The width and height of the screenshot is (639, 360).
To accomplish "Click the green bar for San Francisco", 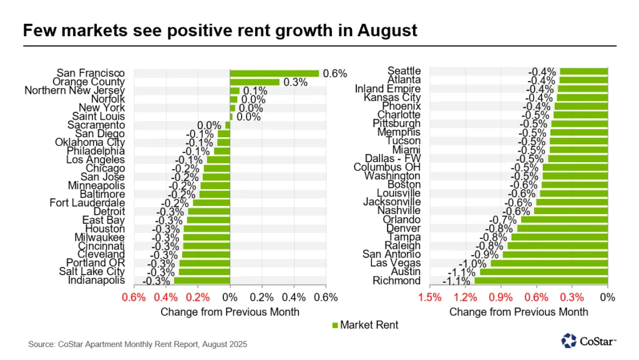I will click(274, 73).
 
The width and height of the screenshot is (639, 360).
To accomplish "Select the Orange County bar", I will click(255, 82).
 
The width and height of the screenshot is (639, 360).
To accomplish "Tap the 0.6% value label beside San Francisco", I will click(334, 74).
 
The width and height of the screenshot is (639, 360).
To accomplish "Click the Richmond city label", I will click(396, 281).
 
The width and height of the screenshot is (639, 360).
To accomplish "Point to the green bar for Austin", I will click(544, 272).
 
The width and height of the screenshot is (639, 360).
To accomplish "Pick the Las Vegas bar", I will click(549, 263).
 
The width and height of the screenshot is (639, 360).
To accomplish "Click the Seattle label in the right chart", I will click(404, 71).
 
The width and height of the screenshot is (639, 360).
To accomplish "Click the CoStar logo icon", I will click(568, 341).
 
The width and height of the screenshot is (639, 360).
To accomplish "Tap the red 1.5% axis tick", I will click(429, 297).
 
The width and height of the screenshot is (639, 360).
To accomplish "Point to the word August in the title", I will click(386, 31).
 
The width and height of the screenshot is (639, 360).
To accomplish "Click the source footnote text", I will click(137, 344).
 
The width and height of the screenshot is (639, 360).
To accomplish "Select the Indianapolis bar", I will click(202, 281).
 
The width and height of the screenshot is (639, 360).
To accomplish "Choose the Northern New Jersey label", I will click(74, 90).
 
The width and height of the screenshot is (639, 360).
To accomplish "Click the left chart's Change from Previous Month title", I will click(230, 311).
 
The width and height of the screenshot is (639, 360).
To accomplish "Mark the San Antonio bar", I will click(555, 255).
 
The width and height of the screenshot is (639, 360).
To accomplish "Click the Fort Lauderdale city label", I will click(87, 203).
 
